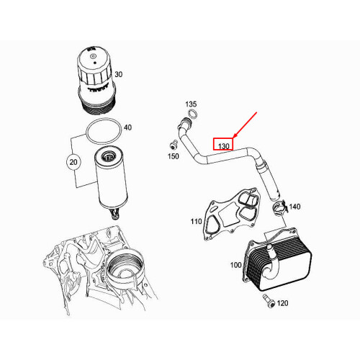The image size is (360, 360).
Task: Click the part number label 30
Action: (119, 74)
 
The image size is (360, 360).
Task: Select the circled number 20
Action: (73, 162)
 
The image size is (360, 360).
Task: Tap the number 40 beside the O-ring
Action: (127, 127)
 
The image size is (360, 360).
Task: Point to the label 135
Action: (191, 104)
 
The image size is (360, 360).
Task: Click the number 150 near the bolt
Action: (174, 156)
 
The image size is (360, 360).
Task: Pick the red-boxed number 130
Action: (223, 145)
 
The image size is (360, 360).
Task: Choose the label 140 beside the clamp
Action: (295, 207)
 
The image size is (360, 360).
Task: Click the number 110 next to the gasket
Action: (196, 221)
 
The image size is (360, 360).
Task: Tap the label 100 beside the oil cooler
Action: (235, 265)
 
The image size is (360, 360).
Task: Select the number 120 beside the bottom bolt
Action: (282, 304)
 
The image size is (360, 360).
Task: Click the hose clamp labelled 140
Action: (279, 209)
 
